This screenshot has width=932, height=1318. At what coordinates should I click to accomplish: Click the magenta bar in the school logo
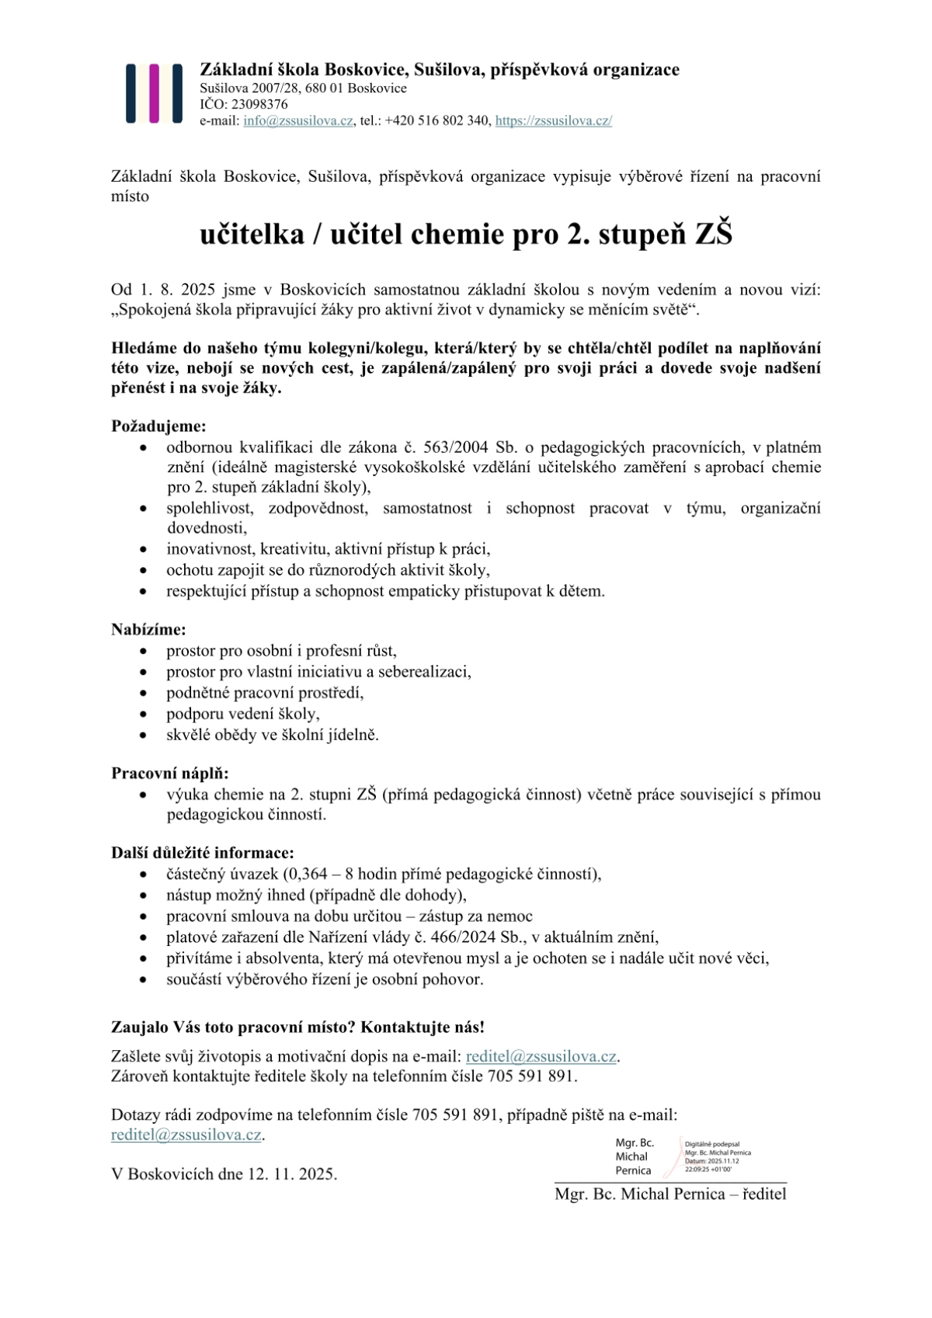click(155, 93)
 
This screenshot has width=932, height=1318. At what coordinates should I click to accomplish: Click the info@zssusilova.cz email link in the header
click(298, 121)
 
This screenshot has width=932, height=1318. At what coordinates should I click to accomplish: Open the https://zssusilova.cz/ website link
click(554, 121)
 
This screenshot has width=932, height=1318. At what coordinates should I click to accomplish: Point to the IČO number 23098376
click(256, 104)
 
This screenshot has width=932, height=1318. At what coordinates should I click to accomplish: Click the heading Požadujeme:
click(159, 426)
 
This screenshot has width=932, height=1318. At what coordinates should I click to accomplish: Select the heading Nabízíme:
click(148, 630)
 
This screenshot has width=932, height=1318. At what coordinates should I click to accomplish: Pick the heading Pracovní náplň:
click(170, 774)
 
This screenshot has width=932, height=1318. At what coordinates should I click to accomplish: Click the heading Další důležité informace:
click(203, 853)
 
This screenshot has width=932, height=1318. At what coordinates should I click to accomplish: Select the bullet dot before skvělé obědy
click(143, 735)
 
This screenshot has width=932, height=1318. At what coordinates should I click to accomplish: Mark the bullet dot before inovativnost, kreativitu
click(143, 550)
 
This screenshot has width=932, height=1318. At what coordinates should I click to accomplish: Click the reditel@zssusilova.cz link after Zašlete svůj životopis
click(541, 1056)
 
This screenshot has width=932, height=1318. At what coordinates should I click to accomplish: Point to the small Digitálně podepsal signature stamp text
click(712, 1144)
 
